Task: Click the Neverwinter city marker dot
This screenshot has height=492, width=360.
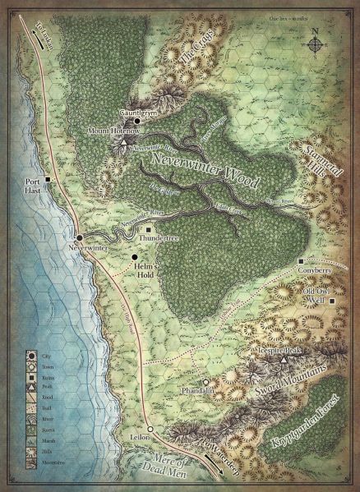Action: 79,236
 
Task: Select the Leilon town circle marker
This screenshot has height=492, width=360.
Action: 150,429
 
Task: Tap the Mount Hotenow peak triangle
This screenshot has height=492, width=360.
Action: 123,143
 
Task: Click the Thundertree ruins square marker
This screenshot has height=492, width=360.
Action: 149,230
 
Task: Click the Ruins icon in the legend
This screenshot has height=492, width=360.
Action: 37,376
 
